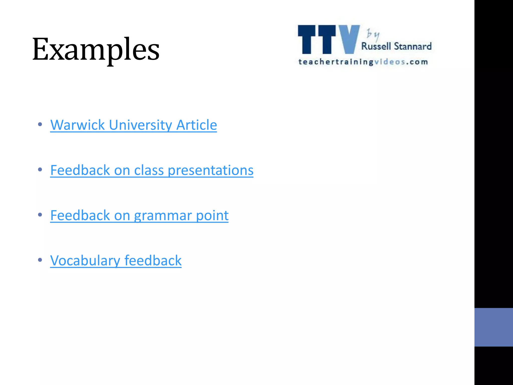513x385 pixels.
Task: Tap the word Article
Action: click(196, 125)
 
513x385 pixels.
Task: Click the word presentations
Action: click(210, 170)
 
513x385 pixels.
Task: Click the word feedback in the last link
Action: click(153, 260)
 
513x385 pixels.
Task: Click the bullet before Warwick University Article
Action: click(40, 124)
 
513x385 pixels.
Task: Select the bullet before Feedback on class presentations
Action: click(40, 170)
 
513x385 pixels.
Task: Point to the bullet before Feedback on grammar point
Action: click(40, 215)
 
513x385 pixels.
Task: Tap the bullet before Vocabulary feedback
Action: click(40, 260)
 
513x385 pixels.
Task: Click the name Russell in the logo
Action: click(376, 46)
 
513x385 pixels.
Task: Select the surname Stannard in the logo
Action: click(413, 46)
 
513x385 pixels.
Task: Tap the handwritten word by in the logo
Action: click(373, 35)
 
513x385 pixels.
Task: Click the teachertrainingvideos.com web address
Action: click(363, 62)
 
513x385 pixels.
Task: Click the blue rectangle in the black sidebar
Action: click(493, 327)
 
